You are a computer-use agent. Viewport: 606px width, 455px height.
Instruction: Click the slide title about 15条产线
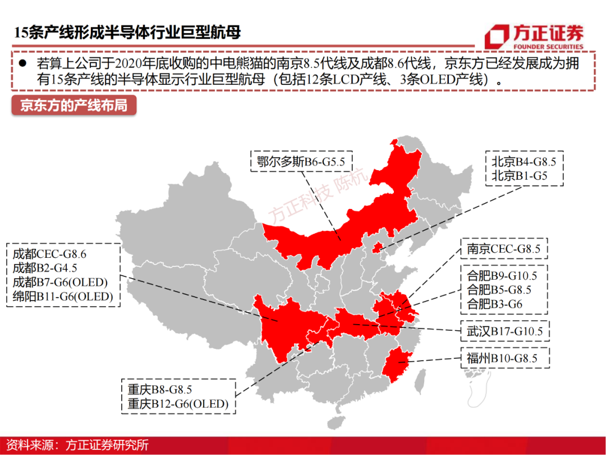coord(128,33)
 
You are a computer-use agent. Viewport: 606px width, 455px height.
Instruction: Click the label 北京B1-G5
coord(519,176)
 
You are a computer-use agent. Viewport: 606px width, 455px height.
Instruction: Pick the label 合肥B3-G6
coord(494,304)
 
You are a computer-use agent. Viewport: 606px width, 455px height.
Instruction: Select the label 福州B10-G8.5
coord(502,358)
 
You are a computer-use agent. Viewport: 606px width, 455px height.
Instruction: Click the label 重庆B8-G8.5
coord(160,390)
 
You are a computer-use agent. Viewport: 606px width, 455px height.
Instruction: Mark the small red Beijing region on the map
coord(377,247)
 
